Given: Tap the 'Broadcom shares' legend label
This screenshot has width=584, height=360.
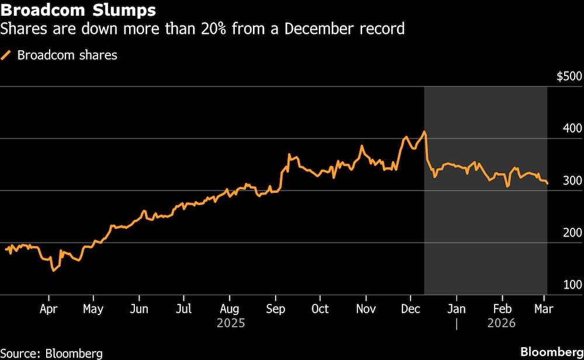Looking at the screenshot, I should click(x=67, y=56).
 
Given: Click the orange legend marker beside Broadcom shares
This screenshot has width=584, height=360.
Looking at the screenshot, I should click(x=7, y=56).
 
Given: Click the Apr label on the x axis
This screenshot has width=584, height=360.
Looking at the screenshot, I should click(x=48, y=309).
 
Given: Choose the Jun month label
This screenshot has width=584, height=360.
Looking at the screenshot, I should click(x=138, y=309).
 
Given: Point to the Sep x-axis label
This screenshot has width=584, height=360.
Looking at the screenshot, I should click(x=275, y=309).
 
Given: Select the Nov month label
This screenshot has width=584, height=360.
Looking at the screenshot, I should click(x=366, y=309).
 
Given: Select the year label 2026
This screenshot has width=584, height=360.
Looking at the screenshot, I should click(x=501, y=323).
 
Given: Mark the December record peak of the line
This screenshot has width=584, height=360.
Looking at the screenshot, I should click(x=424, y=132).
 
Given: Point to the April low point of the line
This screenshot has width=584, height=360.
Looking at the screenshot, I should click(x=53, y=270).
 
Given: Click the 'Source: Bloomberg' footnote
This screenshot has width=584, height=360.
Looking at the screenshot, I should click(x=53, y=352).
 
